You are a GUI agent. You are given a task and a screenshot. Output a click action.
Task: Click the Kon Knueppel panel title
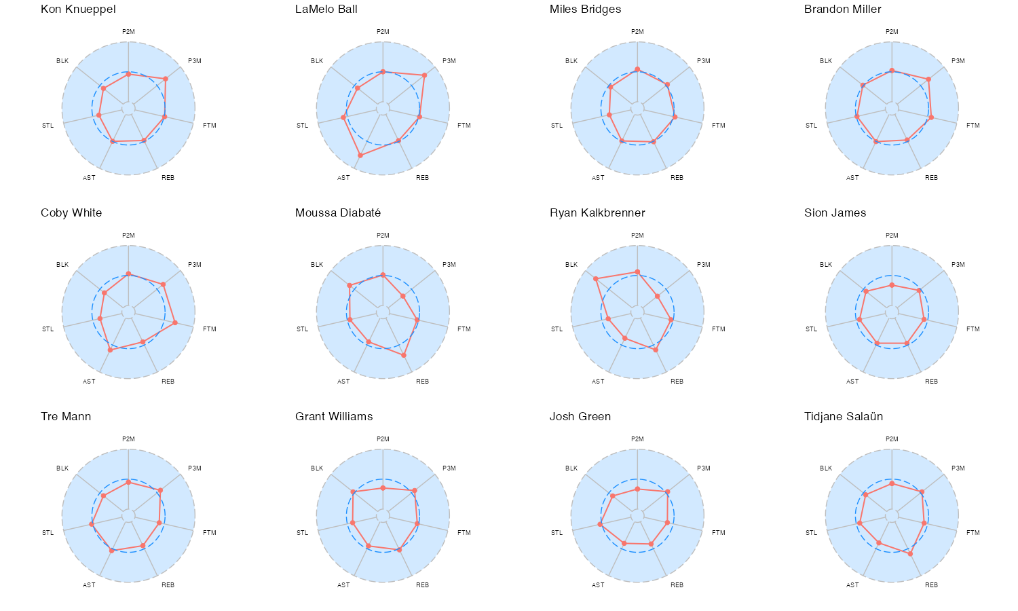[x=78, y=10]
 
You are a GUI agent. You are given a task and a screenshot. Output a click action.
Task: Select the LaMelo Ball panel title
[x=326, y=10]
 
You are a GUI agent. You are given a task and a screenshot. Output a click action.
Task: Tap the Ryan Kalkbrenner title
[x=597, y=213]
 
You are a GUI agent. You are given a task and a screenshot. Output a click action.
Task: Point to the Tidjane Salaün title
[x=844, y=417]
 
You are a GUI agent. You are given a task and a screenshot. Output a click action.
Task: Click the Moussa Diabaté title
[x=338, y=213]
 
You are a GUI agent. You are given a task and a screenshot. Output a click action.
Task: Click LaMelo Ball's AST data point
[x=360, y=155]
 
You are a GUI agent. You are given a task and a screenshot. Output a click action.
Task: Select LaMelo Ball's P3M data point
[x=425, y=75]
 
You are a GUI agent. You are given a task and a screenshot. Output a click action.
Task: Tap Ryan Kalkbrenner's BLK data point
[x=596, y=279]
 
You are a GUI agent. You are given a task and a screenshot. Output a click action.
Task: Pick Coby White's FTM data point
[x=175, y=322]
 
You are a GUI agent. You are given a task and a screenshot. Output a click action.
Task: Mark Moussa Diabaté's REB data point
[x=404, y=355]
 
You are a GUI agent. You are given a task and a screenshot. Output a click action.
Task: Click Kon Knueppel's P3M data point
[x=166, y=79]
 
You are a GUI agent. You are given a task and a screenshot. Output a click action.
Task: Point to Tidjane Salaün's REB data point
[x=910, y=553]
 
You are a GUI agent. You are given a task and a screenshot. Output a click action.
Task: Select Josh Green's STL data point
[x=600, y=524]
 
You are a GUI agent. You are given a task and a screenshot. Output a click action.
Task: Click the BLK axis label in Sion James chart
[x=826, y=265]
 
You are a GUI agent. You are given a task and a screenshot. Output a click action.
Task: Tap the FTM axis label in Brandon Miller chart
[x=973, y=126]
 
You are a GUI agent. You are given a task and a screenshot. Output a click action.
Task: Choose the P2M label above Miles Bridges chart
[x=637, y=32]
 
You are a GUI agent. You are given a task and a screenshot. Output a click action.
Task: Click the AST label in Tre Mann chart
[x=89, y=585]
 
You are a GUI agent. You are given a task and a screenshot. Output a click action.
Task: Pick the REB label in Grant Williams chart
[x=422, y=585]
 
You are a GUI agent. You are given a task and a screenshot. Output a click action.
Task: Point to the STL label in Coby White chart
[x=48, y=329]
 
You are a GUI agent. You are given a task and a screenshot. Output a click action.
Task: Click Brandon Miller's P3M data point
[x=928, y=79]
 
